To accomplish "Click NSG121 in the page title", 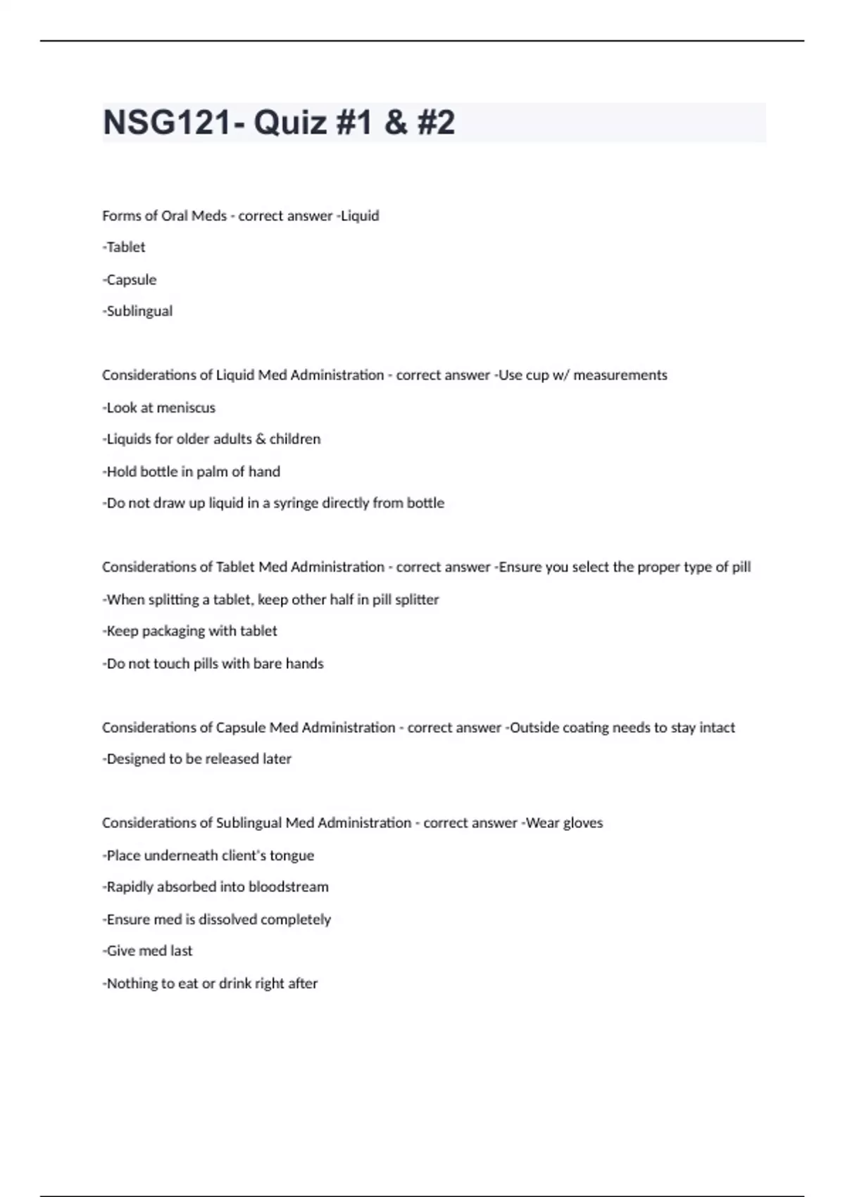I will pos(167,123).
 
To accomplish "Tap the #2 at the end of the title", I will pos(436,123).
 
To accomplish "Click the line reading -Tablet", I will pos(124,247).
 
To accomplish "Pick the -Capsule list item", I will pos(130,280).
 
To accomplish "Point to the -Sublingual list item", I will pos(137,311).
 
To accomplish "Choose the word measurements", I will pos(620,375).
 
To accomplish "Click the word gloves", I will pos(583,823).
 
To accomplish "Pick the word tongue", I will pos(292,856).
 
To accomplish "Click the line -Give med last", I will pos(147,951).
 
